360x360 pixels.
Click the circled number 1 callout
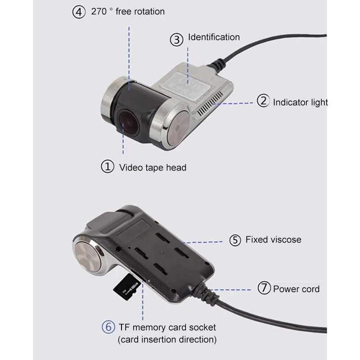click(107, 167)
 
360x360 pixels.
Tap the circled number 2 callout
click(263, 101)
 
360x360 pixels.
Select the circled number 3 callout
click(177, 39)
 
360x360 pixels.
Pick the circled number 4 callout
click(79, 12)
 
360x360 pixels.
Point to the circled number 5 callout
click(235, 240)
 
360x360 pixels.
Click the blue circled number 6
click(108, 327)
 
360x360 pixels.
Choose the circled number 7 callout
click(264, 288)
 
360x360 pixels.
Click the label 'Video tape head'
click(153, 168)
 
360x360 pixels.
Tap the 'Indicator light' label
click(300, 102)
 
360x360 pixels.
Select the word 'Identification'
click(214, 37)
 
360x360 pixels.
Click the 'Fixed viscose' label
click(273, 240)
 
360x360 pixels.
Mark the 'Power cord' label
click(296, 289)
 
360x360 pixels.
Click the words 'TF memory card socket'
click(167, 327)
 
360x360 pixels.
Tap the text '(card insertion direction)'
click(167, 339)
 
